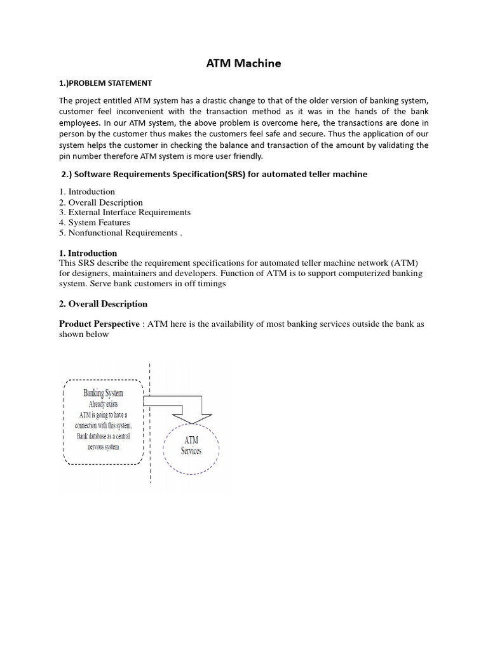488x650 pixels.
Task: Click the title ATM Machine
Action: [x=244, y=63]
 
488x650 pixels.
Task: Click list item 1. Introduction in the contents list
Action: [x=87, y=192]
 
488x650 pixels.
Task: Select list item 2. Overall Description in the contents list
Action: [x=101, y=202]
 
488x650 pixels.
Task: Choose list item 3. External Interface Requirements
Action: [x=125, y=213]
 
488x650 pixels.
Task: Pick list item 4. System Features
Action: [x=95, y=223]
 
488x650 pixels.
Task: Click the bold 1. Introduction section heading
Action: [x=88, y=253]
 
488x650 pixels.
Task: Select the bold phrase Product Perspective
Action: [x=99, y=324]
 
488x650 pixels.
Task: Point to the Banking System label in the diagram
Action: [x=103, y=393]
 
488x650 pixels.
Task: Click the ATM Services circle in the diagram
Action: [x=191, y=445]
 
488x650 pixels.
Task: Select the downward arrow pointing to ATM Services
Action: [x=191, y=416]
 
